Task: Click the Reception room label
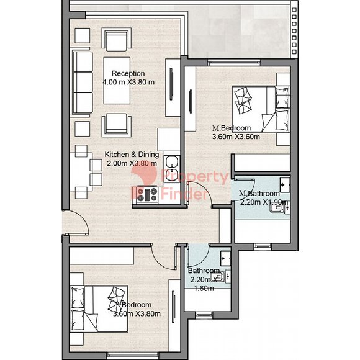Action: point(128,73)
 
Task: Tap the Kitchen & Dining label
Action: point(132,155)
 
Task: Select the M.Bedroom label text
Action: point(232,128)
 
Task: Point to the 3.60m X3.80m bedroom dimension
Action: point(137,313)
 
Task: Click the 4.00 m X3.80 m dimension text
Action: point(128,82)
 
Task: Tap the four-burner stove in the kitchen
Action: point(147,194)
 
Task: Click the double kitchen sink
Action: point(172,169)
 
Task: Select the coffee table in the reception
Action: point(117,81)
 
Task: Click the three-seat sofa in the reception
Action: point(83,83)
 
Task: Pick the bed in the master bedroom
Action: point(261,109)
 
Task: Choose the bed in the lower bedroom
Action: point(99,309)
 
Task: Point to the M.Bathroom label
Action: point(259,193)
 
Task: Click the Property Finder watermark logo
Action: point(179,182)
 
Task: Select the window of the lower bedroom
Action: point(133,354)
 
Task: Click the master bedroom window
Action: point(234,62)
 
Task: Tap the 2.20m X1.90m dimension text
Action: point(264,202)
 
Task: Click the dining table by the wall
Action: point(81,172)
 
